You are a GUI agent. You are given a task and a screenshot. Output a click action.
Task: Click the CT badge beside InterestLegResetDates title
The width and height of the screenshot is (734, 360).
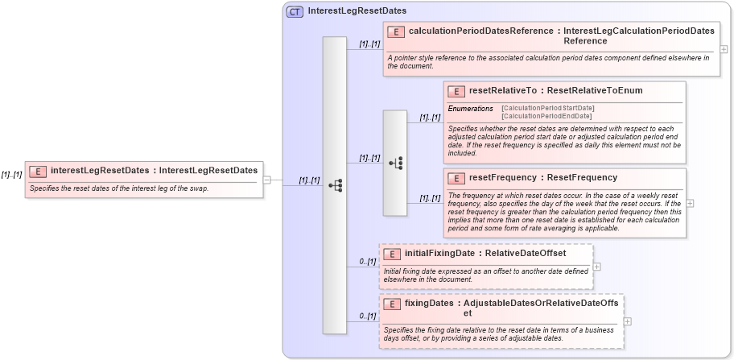click(295, 11)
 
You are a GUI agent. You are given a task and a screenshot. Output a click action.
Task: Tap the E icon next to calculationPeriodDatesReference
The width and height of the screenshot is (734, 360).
click(395, 31)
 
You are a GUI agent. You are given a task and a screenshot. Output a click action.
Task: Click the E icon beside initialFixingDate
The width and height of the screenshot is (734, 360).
click(392, 254)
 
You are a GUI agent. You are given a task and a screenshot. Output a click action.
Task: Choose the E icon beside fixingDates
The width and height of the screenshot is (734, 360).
click(392, 304)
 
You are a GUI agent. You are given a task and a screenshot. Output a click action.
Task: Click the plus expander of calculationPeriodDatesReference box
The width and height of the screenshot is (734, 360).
click(724, 49)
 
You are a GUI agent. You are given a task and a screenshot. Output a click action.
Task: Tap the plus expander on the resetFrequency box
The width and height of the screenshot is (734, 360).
click(690, 203)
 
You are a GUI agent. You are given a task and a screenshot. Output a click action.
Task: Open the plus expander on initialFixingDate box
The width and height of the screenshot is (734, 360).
click(596, 266)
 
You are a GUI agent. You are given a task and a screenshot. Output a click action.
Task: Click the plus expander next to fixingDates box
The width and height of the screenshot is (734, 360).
click(628, 321)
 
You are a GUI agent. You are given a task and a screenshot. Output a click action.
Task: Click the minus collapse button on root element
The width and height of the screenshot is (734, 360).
click(266, 180)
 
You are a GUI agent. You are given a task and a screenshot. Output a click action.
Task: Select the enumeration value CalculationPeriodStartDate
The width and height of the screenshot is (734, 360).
click(547, 108)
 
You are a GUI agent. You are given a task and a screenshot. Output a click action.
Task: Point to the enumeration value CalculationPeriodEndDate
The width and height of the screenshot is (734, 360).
click(546, 116)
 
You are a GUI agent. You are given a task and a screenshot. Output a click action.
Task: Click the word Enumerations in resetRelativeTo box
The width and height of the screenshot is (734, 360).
click(470, 108)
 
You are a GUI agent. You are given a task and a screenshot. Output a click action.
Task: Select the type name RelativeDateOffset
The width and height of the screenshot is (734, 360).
click(526, 254)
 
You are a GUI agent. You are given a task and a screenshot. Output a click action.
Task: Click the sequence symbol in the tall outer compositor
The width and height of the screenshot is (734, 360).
click(335, 185)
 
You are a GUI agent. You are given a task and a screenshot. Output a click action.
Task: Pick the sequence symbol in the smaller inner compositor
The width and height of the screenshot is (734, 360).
click(395, 163)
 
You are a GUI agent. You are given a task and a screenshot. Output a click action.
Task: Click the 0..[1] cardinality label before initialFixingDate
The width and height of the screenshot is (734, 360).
click(368, 262)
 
